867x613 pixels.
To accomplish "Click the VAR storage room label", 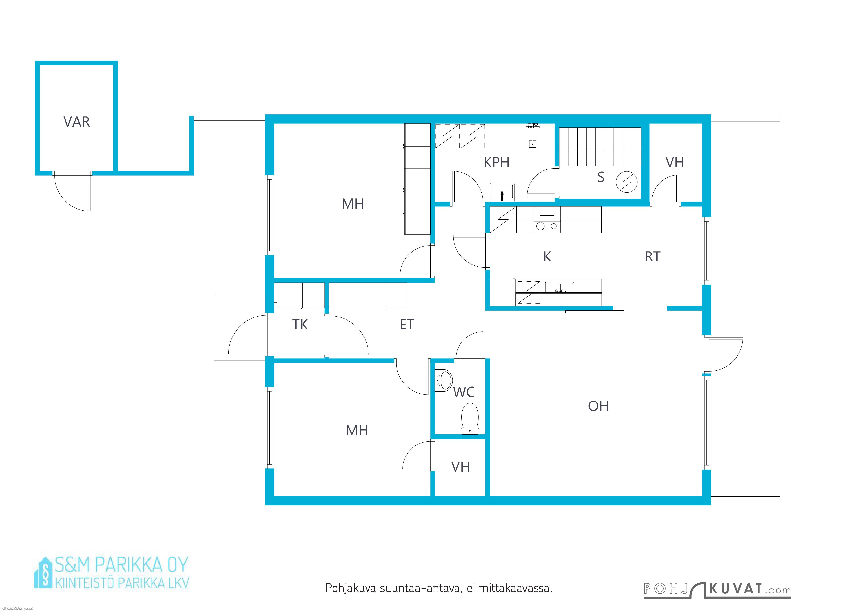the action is click(77, 122).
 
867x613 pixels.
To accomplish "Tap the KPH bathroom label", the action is click(497, 162).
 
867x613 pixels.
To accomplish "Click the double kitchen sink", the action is click(559, 288).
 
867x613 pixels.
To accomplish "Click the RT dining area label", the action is click(652, 257).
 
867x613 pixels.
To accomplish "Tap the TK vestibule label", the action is click(300, 325).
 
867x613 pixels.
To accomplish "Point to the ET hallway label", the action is click(407, 325).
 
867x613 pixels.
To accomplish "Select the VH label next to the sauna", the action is click(674, 162).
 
